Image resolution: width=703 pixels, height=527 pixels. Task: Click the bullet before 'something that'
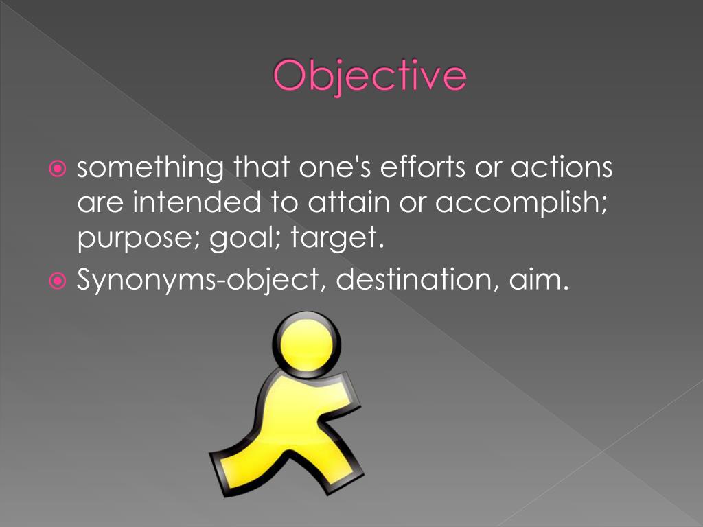point(58,169)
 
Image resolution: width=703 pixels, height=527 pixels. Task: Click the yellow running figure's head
point(306,340)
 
